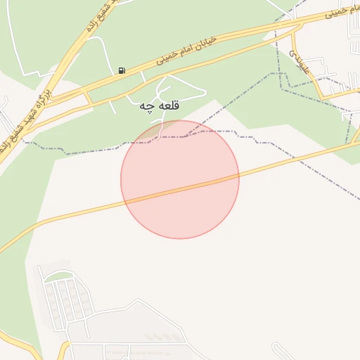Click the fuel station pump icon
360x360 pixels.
(122, 70)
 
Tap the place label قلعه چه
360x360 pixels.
(156, 106)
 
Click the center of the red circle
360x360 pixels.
(180, 179)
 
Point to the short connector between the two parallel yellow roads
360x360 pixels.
(89, 98)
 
